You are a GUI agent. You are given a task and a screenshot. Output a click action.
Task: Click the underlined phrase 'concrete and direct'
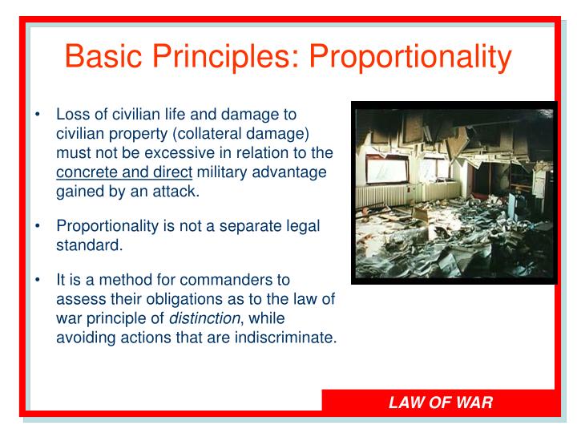coord(124,172)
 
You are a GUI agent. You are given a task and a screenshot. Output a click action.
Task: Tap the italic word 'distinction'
coord(211,319)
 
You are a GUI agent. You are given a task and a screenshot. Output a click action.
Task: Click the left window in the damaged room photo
coord(383,166)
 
